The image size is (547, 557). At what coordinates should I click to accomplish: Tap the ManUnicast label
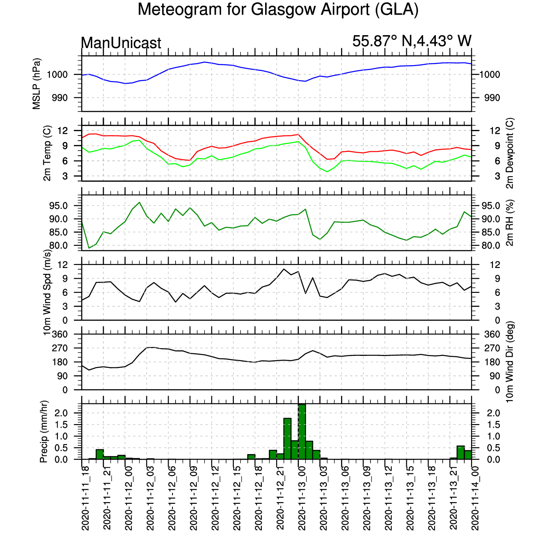121,43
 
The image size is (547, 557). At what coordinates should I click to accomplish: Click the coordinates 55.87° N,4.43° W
411,41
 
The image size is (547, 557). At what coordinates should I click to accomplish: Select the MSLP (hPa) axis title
36,84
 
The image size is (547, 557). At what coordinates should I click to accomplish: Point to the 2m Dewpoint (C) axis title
510,153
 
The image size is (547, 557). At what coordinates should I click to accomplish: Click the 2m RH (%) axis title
510,223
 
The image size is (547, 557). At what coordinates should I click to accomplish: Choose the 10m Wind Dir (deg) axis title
510,362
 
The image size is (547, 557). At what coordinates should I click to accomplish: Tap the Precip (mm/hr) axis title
44,431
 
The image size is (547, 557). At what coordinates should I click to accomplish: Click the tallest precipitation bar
302,431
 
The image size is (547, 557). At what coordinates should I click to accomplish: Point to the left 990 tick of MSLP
60,98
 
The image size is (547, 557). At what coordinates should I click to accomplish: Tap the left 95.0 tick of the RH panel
60,206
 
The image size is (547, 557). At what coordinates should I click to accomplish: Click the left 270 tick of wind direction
60,348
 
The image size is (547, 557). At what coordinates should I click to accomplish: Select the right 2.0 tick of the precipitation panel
493,413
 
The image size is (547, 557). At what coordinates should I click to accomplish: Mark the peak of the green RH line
139,202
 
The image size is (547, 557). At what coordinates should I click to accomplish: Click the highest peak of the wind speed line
284,269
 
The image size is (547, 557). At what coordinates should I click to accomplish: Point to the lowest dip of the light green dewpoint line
327,172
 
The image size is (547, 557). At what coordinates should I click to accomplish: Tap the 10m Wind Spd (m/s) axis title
47,292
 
